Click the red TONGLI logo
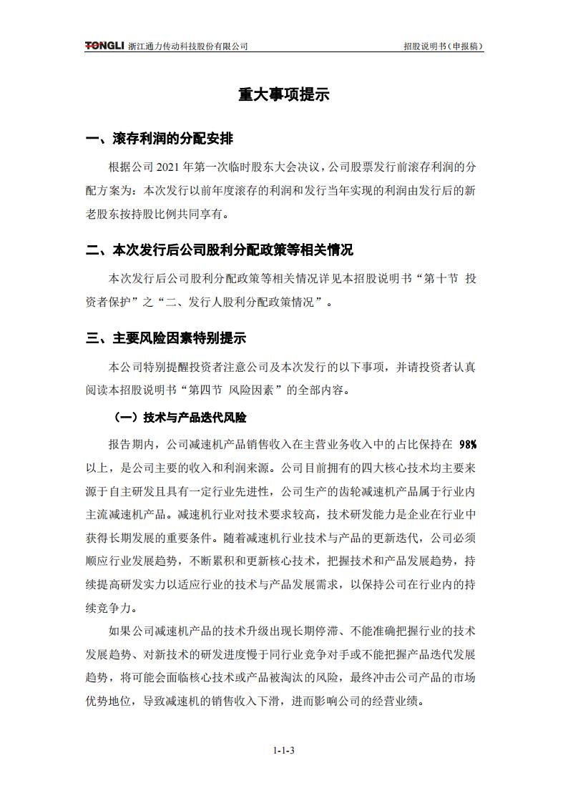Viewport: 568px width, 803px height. pos(105,46)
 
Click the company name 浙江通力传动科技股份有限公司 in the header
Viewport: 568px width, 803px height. pos(188,46)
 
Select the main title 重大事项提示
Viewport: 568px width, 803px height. pos(284,95)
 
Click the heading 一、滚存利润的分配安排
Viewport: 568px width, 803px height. pos(159,139)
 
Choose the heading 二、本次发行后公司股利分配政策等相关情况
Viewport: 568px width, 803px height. pos(219,250)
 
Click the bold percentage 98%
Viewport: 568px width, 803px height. pos(467,444)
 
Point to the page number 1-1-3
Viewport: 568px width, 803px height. pos(284,750)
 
